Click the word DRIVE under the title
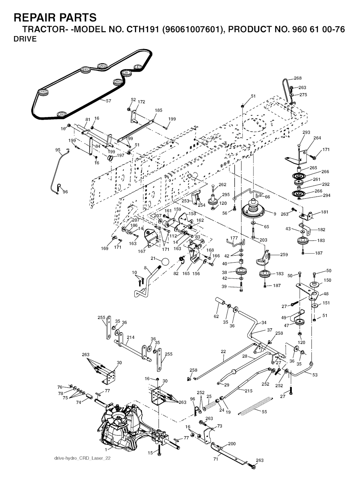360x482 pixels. (25, 39)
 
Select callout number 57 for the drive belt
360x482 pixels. (108, 101)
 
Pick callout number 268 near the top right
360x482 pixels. (297, 78)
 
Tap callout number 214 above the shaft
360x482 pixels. (130, 338)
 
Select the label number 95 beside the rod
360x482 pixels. (58, 150)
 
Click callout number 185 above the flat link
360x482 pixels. (159, 110)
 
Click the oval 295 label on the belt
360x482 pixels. (102, 66)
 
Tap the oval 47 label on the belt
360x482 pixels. (138, 67)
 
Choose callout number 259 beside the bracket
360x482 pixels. (284, 255)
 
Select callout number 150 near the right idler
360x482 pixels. (327, 280)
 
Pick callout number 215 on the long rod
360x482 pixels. (248, 391)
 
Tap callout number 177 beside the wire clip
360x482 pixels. (234, 238)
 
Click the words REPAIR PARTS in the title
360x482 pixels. (55, 17)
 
